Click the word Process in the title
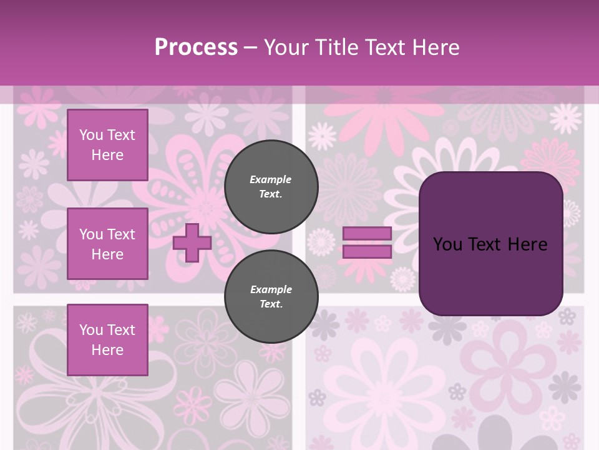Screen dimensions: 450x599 (196, 47)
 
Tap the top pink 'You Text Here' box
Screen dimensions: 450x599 (107, 145)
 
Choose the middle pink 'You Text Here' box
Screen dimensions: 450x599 (107, 244)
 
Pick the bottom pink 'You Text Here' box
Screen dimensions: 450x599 (107, 340)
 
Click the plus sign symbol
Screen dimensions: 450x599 (192, 243)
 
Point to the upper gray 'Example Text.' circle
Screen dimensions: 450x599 (271, 187)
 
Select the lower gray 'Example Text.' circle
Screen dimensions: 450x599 (271, 297)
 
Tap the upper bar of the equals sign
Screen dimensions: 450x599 (367, 233)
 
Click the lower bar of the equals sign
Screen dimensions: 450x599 (367, 252)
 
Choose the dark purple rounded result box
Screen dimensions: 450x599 (490, 244)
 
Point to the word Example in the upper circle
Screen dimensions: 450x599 (271, 179)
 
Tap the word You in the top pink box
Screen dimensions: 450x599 (91, 135)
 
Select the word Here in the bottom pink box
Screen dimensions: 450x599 (107, 350)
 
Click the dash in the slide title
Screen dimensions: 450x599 (251, 48)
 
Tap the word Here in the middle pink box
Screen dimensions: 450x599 (107, 254)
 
